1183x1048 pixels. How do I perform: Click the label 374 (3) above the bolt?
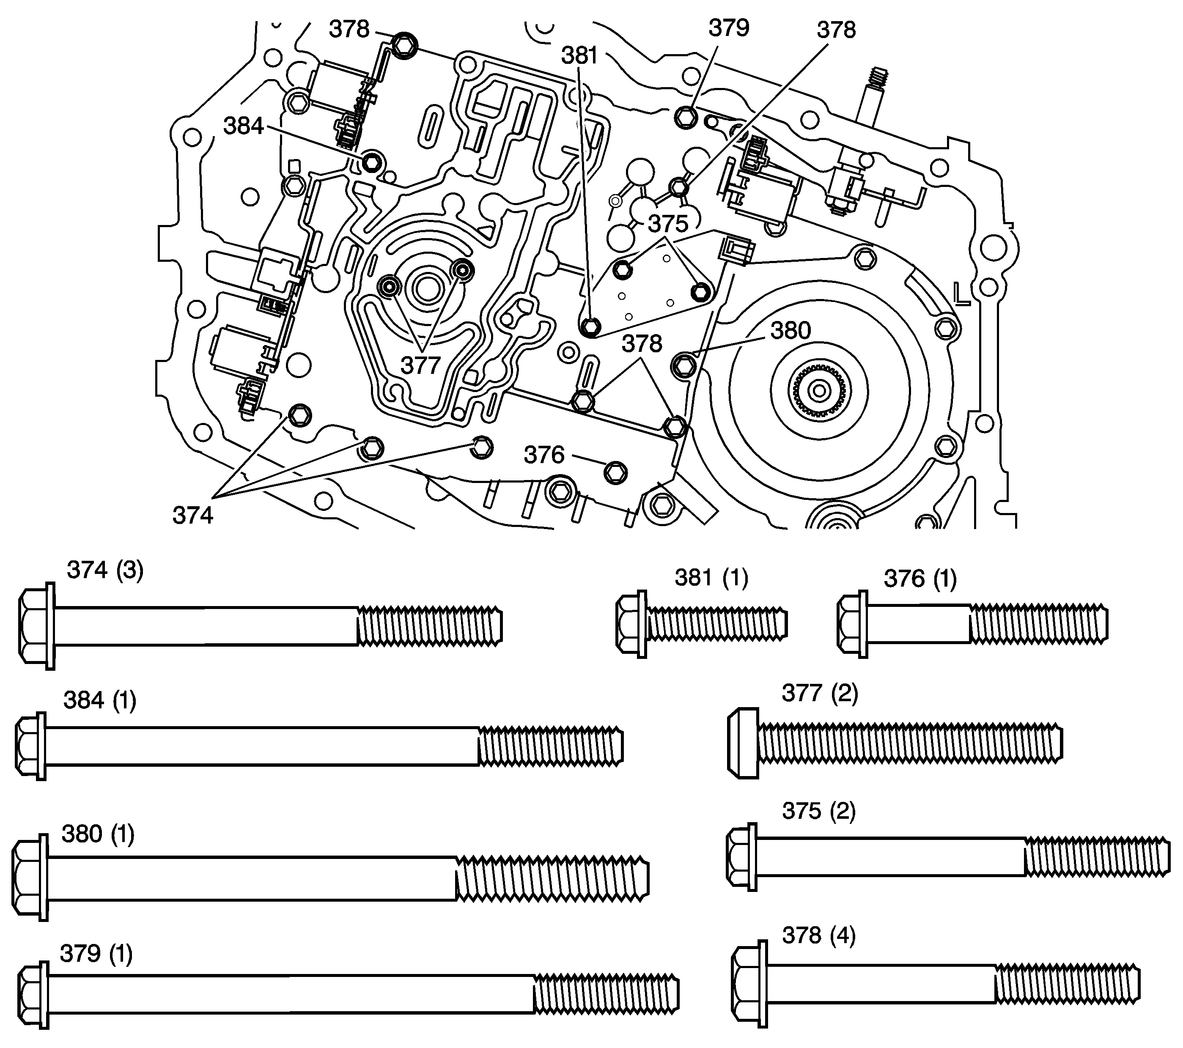click(105, 570)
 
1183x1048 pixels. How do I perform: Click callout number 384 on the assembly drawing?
click(244, 126)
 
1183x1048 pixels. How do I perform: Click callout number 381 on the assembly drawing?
click(579, 55)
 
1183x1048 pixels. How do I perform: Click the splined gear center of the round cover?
click(819, 392)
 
